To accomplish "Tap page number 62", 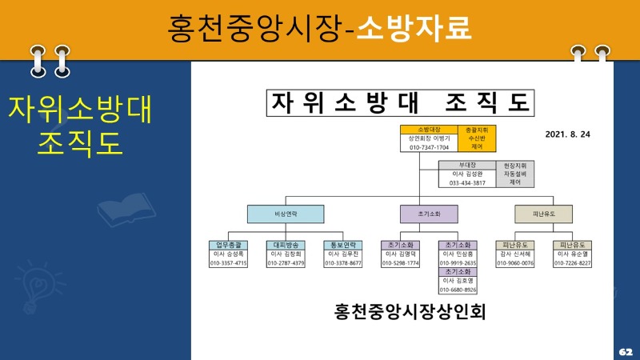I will click(625, 351).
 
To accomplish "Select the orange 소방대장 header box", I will click(429, 129).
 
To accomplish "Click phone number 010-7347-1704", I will click(429, 148).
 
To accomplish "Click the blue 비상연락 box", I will click(286, 214).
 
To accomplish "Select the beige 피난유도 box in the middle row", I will click(544, 214).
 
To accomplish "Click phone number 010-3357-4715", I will click(229, 263).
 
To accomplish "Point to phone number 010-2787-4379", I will click(286, 263).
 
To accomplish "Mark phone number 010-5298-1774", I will click(400, 263).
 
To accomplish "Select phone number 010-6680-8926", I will click(458, 290).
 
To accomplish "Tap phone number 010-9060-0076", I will click(515, 263).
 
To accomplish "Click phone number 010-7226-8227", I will click(573, 263).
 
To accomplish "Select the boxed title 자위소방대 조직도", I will click(400, 103).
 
